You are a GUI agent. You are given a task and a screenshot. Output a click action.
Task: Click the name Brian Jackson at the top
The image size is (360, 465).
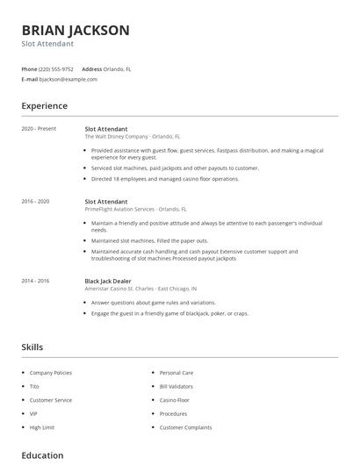click(76, 30)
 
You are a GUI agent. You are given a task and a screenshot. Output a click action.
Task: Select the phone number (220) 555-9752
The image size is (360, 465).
click(56, 68)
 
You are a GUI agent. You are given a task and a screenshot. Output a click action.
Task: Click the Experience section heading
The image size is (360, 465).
click(45, 106)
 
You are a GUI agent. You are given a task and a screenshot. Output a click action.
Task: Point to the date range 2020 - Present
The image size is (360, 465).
click(39, 129)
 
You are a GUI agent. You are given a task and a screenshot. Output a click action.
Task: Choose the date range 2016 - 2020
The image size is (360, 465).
click(35, 201)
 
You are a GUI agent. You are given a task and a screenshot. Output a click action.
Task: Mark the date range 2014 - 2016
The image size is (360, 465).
click(35, 281)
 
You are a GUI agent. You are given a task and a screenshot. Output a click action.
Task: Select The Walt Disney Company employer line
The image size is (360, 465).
click(132, 137)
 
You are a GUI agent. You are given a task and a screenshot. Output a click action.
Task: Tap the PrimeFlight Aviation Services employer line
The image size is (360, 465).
click(135, 209)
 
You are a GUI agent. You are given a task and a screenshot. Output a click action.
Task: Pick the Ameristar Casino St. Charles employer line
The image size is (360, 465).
click(140, 289)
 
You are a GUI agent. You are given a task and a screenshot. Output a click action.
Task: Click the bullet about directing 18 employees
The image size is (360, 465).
click(165, 179)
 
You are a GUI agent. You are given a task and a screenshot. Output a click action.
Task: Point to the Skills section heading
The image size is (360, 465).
click(32, 347)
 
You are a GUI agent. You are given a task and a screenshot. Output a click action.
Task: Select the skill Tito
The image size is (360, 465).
click(34, 386)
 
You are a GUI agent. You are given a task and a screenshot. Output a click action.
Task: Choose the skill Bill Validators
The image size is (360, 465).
click(177, 386)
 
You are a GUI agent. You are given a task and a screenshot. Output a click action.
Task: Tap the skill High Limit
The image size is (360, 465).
click(41, 427)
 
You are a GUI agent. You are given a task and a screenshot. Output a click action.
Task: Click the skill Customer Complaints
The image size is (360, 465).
click(186, 427)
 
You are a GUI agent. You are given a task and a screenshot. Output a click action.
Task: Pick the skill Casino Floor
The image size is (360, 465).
click(174, 400)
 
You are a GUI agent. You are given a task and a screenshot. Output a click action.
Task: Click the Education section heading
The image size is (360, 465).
click(42, 456)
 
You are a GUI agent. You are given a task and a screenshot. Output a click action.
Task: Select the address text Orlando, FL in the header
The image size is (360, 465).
click(118, 68)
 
